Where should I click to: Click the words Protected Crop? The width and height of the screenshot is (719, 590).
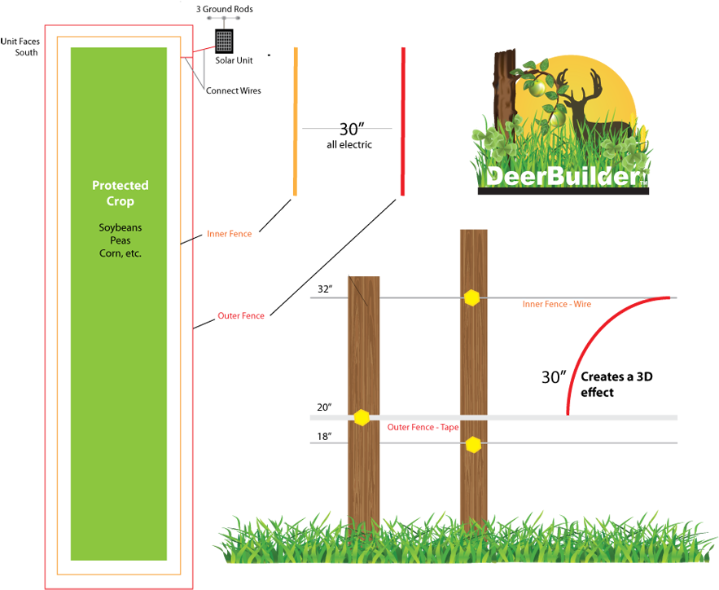coord(120,193)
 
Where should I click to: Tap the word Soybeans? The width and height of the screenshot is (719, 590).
coord(120,227)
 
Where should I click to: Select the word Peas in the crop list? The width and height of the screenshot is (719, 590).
coord(120,240)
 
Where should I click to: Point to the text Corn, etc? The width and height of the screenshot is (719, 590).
coord(120,253)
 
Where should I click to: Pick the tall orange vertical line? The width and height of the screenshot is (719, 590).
coord(295,122)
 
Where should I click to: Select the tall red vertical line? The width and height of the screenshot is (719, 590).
coord(402,122)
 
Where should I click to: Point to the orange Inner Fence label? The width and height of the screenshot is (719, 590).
coord(230,235)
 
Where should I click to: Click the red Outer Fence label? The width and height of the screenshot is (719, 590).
coord(241,316)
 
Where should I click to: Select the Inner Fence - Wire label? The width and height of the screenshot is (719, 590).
coord(557,304)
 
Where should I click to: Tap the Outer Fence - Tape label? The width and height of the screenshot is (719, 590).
coord(423,427)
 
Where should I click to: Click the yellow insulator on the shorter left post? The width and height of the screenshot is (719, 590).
coord(362,417)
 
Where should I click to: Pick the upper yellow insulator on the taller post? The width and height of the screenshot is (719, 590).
coord(471,297)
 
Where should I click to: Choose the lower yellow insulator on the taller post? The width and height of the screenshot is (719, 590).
coord(473,444)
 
